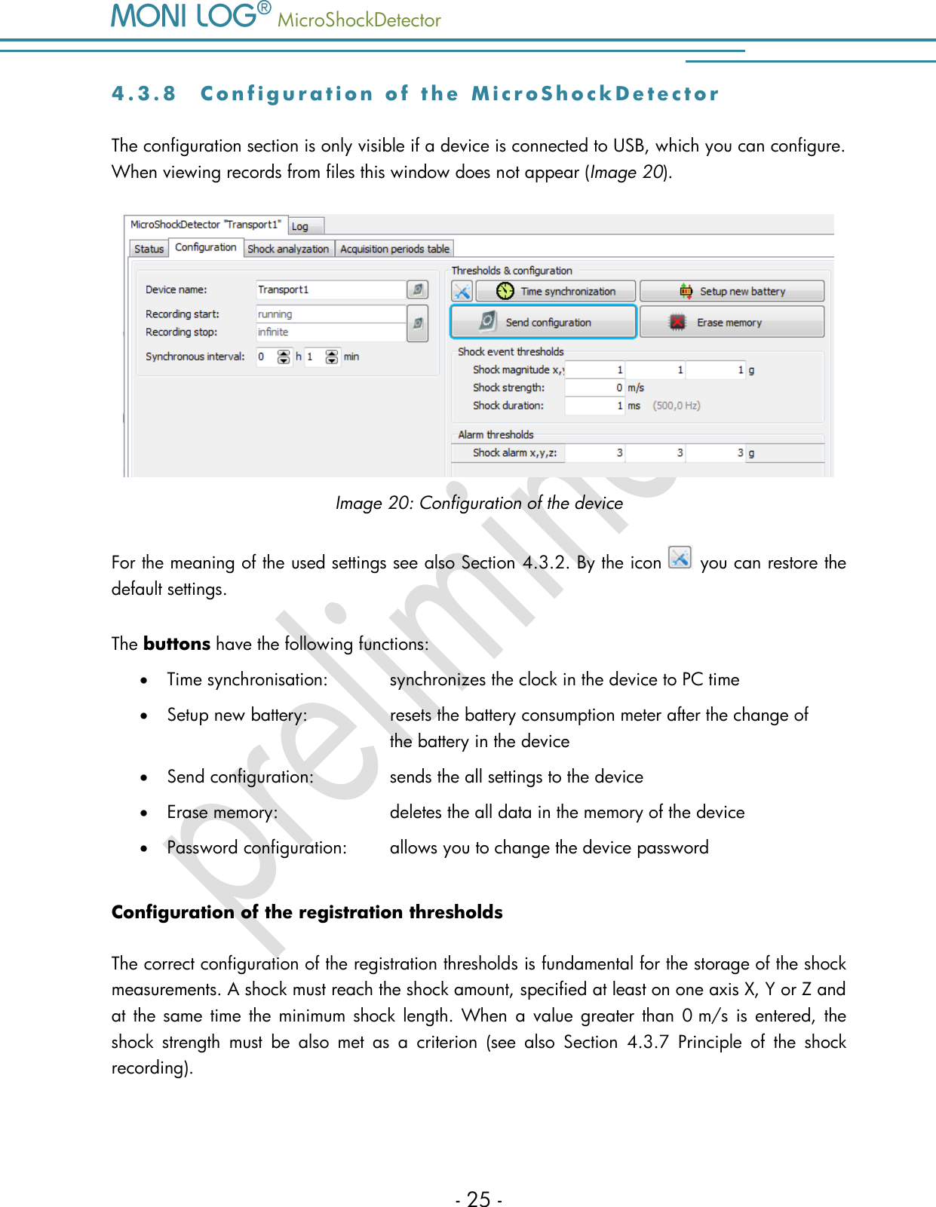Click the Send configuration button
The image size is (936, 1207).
pyautogui.click(x=543, y=322)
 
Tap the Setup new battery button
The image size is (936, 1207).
pyautogui.click(x=732, y=292)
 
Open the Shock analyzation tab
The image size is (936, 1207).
pyautogui.click(x=288, y=249)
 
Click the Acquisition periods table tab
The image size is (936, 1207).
pyautogui.click(x=394, y=249)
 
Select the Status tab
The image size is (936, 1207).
pyautogui.click(x=149, y=249)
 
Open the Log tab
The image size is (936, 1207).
pyautogui.click(x=300, y=226)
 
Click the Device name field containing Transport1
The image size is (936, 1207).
pyautogui.click(x=330, y=289)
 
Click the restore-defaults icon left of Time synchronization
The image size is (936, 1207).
pyautogui.click(x=462, y=292)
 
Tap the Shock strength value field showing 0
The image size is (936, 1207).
pyautogui.click(x=594, y=388)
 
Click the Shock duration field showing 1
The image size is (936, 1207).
pyautogui.click(x=594, y=406)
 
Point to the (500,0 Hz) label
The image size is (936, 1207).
pyautogui.click(x=677, y=406)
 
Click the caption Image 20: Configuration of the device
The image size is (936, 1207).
pyautogui.click(x=479, y=503)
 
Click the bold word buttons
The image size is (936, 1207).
pyautogui.click(x=176, y=644)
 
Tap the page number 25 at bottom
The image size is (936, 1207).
pyautogui.click(x=479, y=1199)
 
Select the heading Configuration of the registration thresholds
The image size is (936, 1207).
pyautogui.click(x=307, y=912)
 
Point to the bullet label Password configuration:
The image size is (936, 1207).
pyautogui.click(x=256, y=848)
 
